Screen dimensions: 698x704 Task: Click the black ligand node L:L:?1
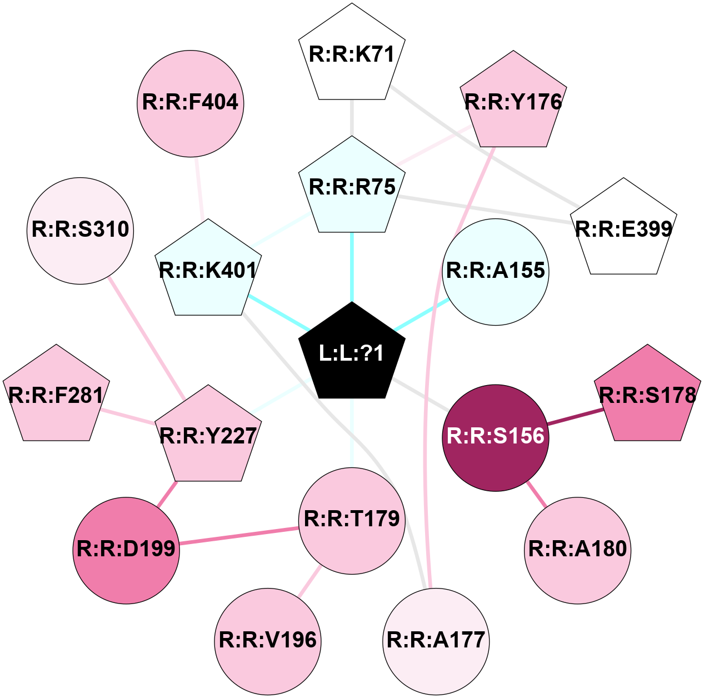click(352, 353)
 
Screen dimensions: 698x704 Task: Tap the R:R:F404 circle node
click(190, 103)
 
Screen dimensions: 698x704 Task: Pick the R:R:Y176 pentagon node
click(513, 102)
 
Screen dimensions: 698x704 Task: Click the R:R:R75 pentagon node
click(352, 187)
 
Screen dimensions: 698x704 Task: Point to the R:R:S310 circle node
click(81, 230)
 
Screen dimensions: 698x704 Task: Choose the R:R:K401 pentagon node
click(208, 271)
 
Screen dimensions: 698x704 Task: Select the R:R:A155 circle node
click(496, 271)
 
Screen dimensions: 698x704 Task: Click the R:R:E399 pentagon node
click(623, 229)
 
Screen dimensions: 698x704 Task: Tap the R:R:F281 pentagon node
click(56, 396)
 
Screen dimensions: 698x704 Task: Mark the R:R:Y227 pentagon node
click(208, 436)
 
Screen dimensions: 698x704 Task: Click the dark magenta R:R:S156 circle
click(496, 437)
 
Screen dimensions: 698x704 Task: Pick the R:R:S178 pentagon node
click(647, 396)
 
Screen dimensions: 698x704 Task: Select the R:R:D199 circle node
click(126, 550)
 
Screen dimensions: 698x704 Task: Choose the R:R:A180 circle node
click(578, 550)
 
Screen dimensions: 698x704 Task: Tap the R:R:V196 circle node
click(268, 641)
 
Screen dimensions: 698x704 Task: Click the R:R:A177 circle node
click(436, 641)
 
